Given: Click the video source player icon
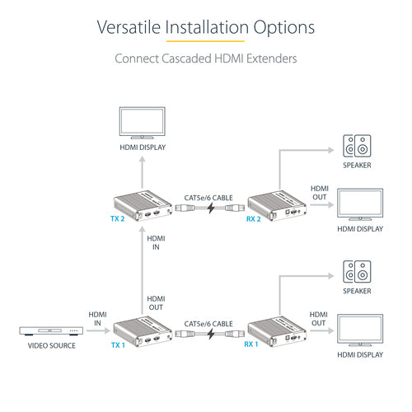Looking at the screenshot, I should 51,332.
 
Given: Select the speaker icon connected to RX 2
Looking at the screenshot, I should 358,147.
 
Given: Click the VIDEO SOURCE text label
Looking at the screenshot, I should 51,346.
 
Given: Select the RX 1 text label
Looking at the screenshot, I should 253,345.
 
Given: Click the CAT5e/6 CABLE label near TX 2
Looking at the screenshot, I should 207,196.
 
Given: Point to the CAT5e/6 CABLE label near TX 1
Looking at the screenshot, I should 207,324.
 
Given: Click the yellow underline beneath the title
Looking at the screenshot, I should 205,40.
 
